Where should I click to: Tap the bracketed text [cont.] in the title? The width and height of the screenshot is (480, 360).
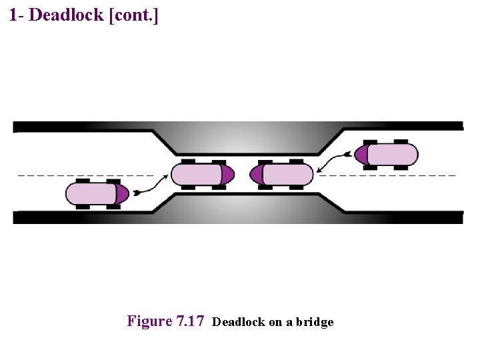tap(133, 15)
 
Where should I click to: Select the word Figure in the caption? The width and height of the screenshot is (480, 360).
tap(149, 321)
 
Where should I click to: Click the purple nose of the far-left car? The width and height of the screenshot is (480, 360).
tap(122, 194)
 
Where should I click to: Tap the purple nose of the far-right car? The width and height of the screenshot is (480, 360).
tap(361, 155)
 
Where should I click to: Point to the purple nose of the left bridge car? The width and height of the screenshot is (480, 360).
tap(227, 175)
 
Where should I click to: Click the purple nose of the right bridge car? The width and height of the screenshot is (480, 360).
tap(257, 175)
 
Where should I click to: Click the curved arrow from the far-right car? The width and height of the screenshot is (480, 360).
tap(333, 160)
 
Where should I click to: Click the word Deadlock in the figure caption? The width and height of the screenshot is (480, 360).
tap(239, 323)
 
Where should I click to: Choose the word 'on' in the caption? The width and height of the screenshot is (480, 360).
tap(276, 323)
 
